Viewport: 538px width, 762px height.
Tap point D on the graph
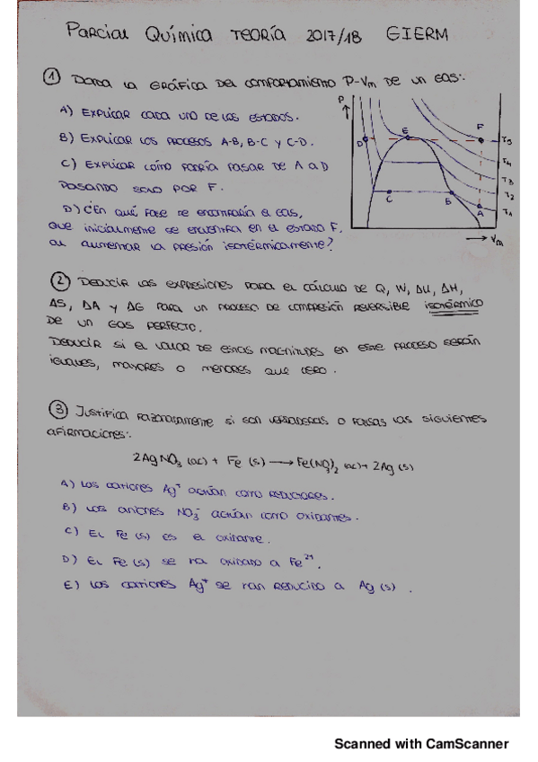(365, 142)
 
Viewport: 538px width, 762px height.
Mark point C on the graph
(388, 191)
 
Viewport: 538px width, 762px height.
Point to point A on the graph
(481, 206)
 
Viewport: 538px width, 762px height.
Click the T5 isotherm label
(507, 142)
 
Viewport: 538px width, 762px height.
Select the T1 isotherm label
(507, 213)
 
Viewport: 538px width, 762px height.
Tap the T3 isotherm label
(507, 180)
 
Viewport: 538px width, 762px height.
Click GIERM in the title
(418, 34)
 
